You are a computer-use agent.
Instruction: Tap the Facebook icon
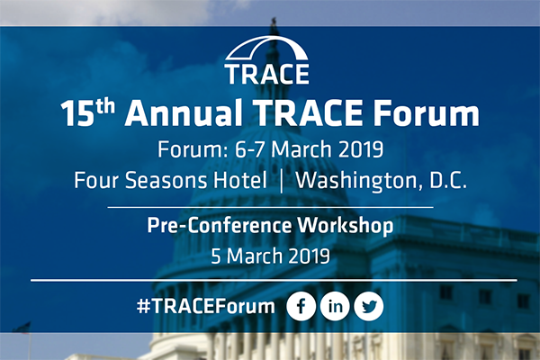pos(301,306)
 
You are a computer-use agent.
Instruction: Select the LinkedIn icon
pos(336,306)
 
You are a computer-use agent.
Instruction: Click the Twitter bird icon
pos(369,306)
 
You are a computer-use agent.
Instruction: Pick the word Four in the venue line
pos(96,179)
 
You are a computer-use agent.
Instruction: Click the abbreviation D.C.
pos(446,179)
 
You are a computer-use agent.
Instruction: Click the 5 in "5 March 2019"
pos(215,255)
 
